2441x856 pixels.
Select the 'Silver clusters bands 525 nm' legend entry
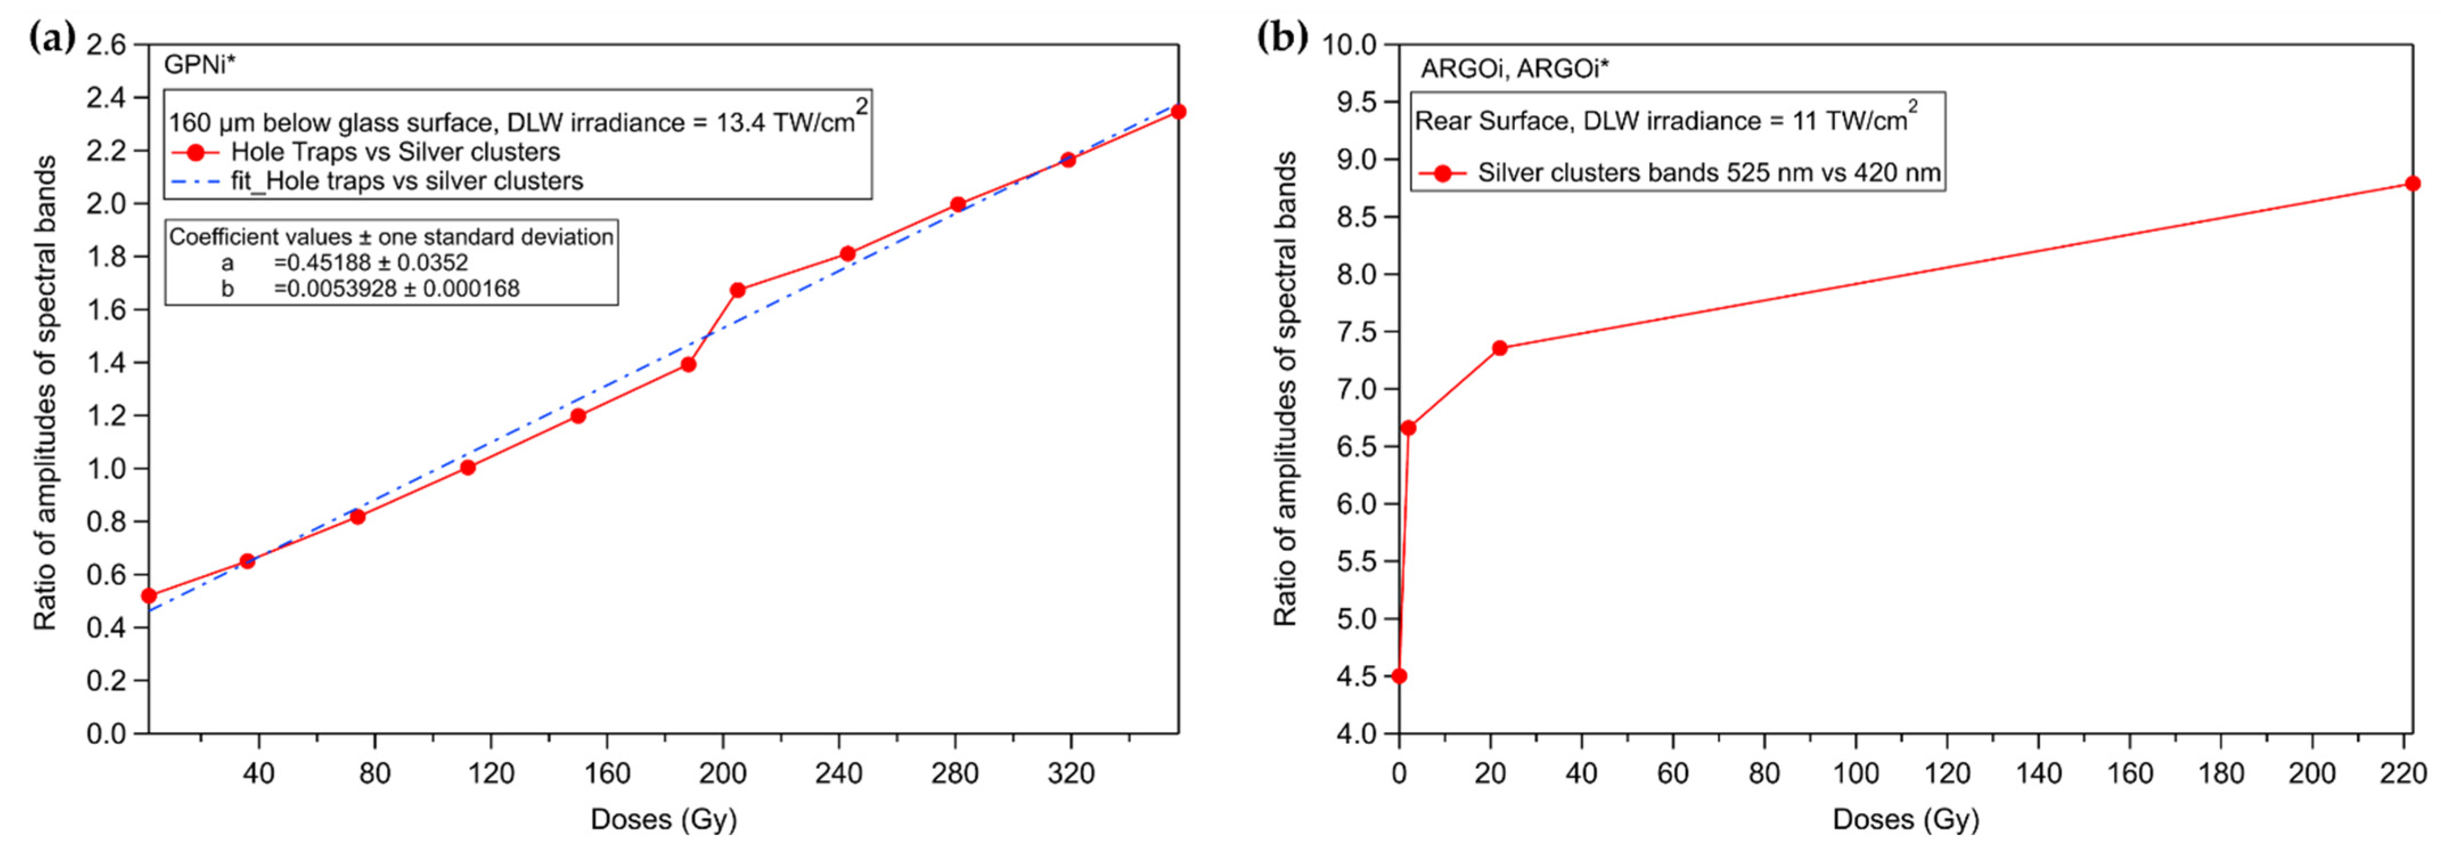point(1707,173)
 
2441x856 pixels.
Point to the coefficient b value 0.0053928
point(396,288)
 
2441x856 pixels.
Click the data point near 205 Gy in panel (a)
point(737,290)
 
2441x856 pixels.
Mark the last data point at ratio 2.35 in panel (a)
point(1178,112)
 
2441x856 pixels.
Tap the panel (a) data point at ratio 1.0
point(467,467)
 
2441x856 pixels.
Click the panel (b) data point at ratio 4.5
point(1399,676)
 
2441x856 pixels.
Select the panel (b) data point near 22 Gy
point(1499,348)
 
